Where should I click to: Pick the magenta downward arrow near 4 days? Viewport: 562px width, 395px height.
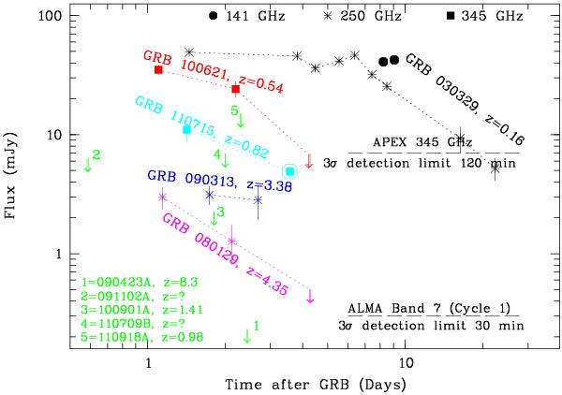click(310, 296)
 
